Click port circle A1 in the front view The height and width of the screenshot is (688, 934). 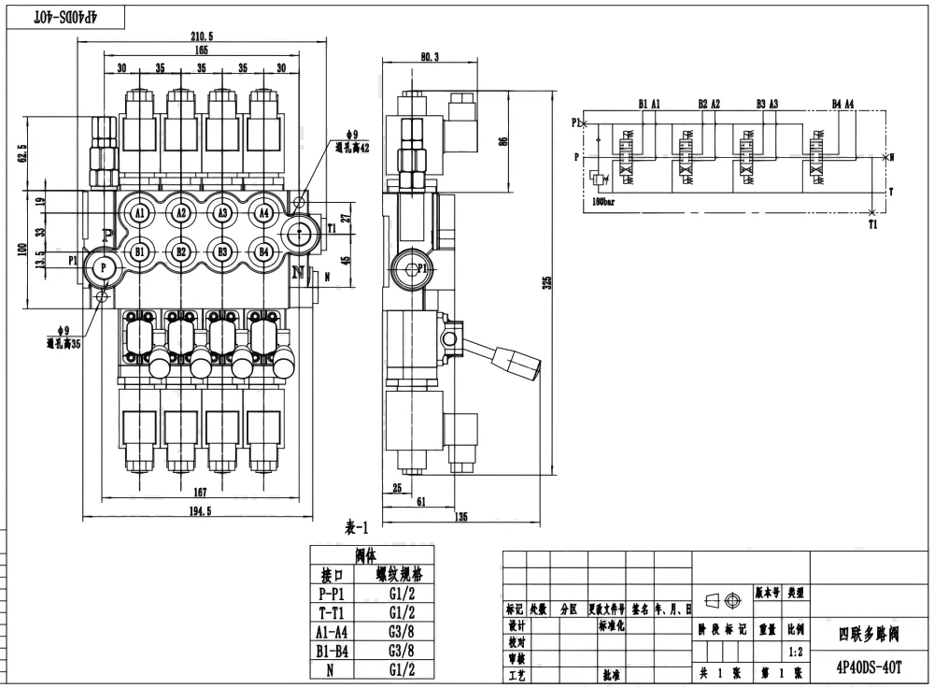(140, 213)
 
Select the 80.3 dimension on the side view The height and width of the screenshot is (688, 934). (430, 58)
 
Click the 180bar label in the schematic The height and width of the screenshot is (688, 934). (604, 200)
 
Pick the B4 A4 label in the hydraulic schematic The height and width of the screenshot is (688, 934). (842, 104)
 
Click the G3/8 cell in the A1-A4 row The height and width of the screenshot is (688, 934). (403, 631)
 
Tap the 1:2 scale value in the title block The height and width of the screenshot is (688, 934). (796, 652)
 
